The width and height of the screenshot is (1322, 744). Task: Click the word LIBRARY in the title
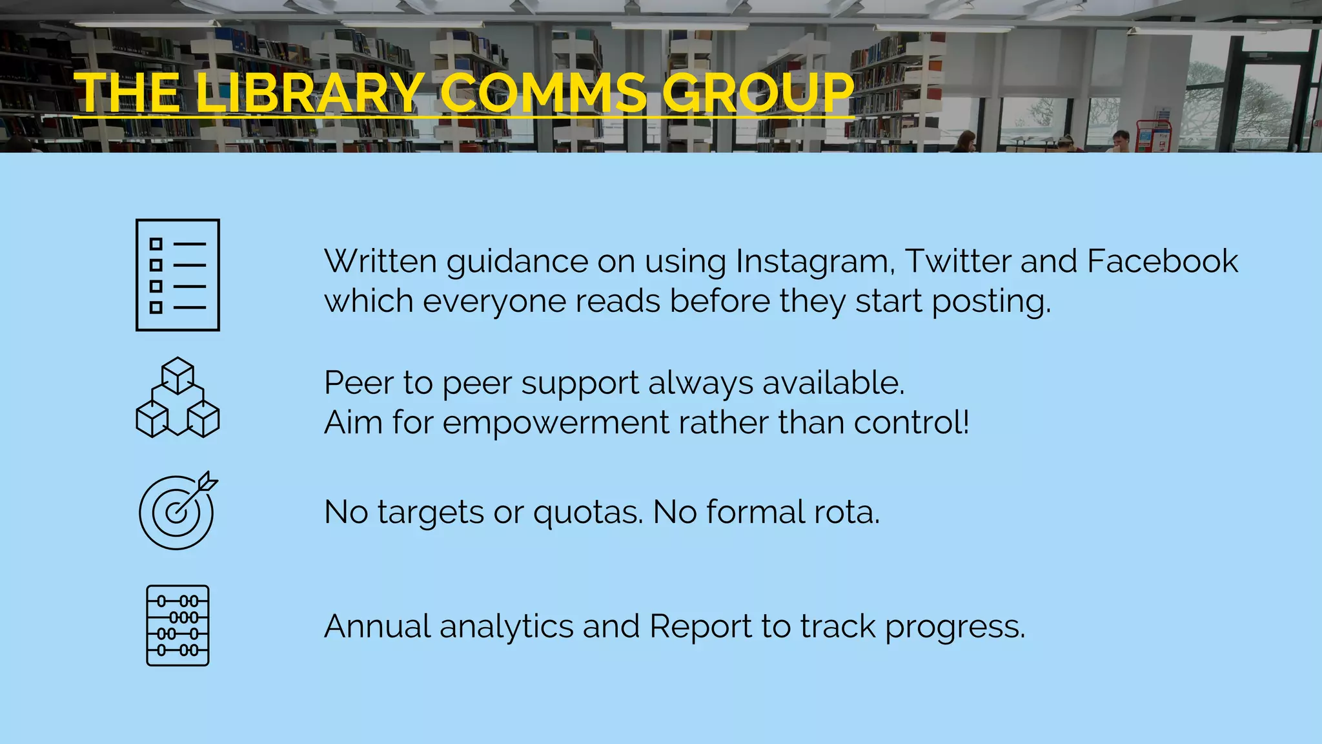click(310, 93)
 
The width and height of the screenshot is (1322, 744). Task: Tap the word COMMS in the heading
click(544, 93)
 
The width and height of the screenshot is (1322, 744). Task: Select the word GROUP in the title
click(758, 93)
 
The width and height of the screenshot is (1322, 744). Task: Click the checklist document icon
click(178, 275)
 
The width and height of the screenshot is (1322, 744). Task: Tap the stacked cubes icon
click(178, 397)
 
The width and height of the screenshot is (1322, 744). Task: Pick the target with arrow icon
click(178, 511)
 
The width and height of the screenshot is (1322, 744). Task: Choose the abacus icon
click(178, 625)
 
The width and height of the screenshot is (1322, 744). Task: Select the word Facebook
click(1162, 262)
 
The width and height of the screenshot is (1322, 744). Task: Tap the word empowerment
click(556, 423)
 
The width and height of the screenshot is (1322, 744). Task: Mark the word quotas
click(588, 513)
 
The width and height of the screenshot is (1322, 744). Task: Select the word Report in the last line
click(700, 626)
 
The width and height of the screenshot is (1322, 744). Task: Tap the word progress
click(955, 628)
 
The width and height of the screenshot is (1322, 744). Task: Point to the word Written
click(381, 262)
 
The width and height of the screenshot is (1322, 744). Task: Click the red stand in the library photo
click(1153, 136)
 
